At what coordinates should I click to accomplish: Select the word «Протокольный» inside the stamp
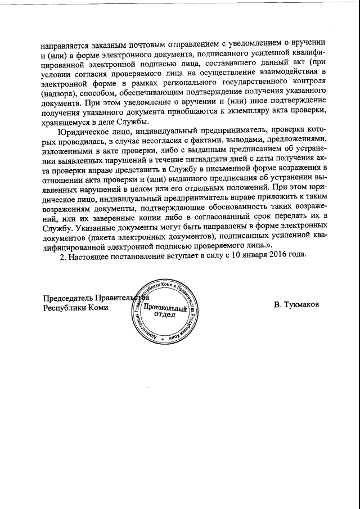click(x=165, y=308)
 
